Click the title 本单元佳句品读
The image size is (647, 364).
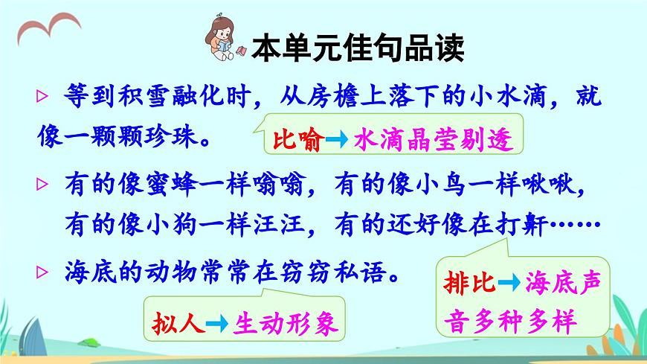[358, 49]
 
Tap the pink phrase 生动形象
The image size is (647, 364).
[286, 322]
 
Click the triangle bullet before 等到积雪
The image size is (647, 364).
[42, 98]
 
